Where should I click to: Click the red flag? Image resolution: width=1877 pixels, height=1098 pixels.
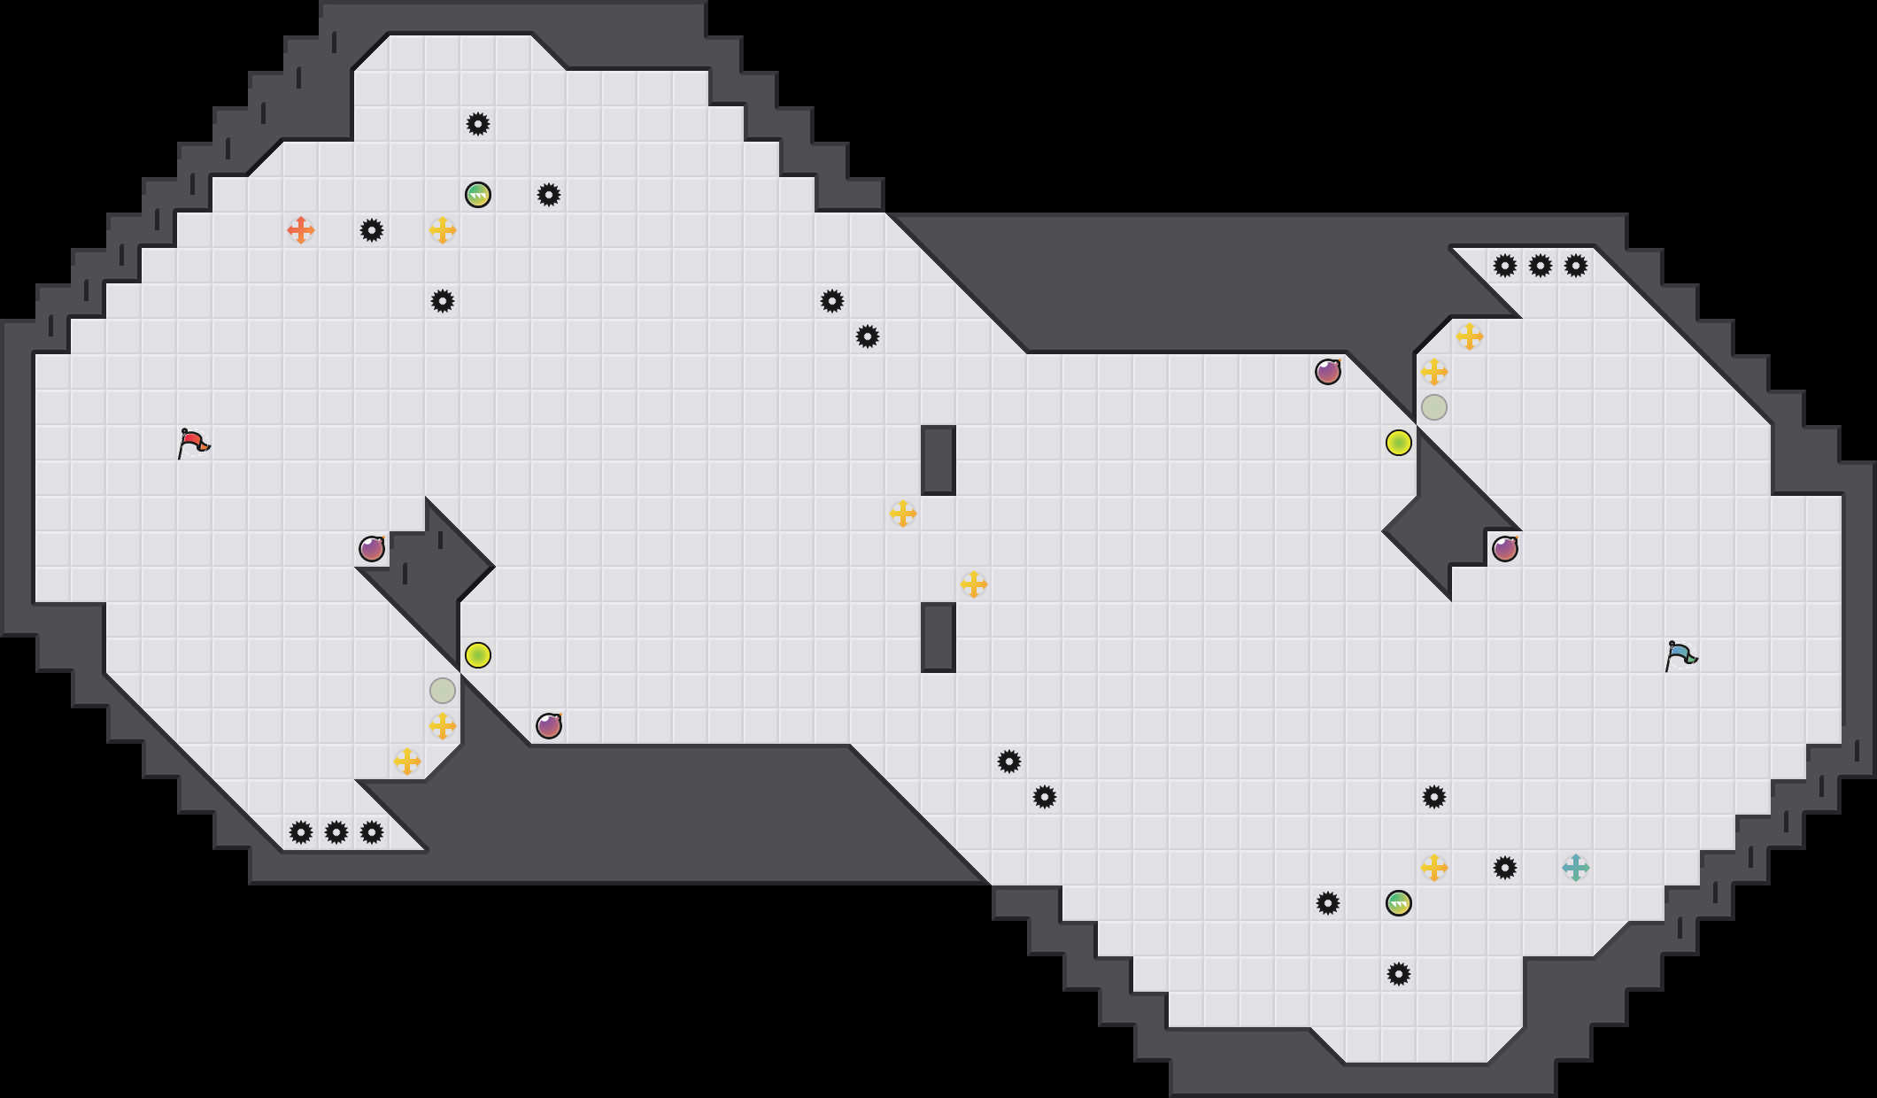click(x=193, y=443)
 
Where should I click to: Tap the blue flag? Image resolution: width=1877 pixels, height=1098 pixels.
click(x=1680, y=655)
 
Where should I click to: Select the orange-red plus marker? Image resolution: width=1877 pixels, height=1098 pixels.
click(x=301, y=230)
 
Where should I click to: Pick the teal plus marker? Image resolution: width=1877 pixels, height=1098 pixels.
click(x=1576, y=868)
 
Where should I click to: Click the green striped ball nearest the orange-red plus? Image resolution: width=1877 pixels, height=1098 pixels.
click(x=478, y=195)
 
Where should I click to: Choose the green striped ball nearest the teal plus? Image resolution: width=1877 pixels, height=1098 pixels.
click(x=1399, y=903)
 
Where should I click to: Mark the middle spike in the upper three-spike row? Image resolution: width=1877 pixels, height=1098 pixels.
click(x=1541, y=266)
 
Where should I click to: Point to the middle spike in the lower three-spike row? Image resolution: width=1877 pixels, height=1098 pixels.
click(x=336, y=832)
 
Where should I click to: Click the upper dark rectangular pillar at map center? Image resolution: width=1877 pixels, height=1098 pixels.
click(x=938, y=460)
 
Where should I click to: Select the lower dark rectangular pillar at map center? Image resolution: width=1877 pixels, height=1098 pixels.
click(x=938, y=637)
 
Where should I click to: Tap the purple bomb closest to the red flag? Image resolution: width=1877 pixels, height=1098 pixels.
click(x=372, y=549)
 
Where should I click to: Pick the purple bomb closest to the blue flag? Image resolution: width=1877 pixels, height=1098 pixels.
click(x=1505, y=549)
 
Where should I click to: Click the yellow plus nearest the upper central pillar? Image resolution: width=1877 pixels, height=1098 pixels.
click(x=903, y=514)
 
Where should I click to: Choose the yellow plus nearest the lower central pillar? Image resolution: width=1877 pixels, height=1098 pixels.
click(x=974, y=584)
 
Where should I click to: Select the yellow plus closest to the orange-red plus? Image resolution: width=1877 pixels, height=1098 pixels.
click(x=443, y=230)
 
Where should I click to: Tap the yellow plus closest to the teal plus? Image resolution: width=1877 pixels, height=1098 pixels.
click(x=1434, y=868)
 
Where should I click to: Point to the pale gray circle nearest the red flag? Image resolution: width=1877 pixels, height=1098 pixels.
click(x=443, y=691)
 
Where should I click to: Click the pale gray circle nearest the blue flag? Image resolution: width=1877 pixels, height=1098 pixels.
click(x=1434, y=407)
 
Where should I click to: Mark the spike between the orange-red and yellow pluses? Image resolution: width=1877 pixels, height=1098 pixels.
click(x=372, y=230)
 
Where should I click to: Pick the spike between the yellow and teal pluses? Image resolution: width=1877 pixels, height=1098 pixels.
click(x=1505, y=868)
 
